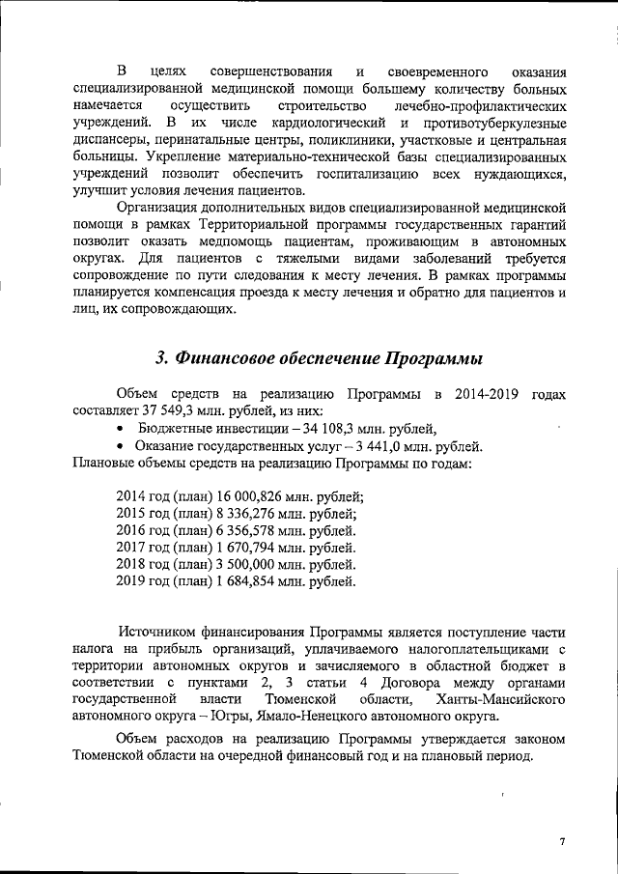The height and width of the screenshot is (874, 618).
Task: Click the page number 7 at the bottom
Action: point(561,841)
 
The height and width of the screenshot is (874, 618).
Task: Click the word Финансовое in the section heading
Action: point(230,358)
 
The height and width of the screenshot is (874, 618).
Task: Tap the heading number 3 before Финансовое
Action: point(162,358)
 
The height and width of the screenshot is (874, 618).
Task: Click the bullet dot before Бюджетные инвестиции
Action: point(120,430)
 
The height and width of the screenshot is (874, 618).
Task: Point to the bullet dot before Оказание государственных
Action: point(120,447)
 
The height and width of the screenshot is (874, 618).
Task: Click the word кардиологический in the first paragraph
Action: point(327,124)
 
